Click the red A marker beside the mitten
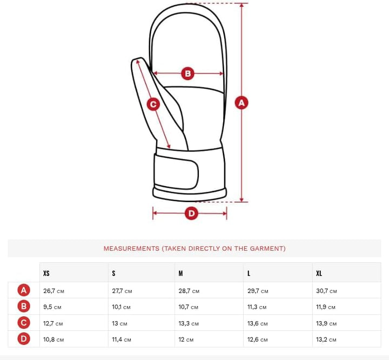242,103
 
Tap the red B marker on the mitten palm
188,73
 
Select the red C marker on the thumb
153,104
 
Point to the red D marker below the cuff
191,213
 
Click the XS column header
46,273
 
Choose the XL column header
319,273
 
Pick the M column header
180,273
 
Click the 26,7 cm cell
53,291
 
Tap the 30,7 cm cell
326,291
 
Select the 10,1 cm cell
122,307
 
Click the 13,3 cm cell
189,323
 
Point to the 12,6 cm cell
258,339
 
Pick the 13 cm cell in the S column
119,323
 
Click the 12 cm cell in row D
186,339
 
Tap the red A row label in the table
24,290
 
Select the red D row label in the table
24,339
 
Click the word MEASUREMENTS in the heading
131,248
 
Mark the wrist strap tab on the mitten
176,171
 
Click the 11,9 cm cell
326,307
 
